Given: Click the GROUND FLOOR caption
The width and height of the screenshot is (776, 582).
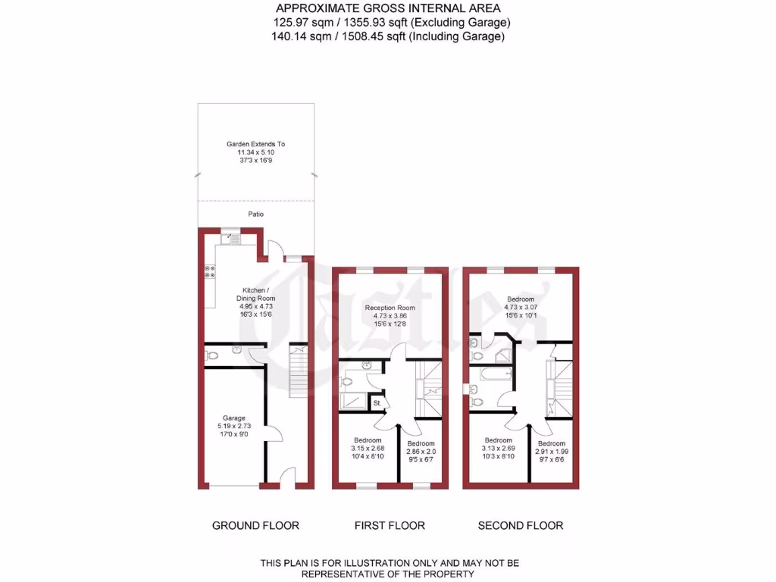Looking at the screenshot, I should (255, 525).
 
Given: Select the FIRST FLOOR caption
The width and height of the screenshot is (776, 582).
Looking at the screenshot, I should (390, 525).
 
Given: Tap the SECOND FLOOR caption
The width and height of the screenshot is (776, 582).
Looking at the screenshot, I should (521, 525).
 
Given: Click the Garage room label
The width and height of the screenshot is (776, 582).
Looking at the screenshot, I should (234, 418).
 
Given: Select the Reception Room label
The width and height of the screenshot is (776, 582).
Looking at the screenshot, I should (390, 308).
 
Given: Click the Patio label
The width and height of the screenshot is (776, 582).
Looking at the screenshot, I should (256, 214).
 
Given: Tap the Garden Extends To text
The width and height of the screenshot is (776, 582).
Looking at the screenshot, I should (256, 144).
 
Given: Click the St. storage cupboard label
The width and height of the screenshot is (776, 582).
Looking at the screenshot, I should (377, 403).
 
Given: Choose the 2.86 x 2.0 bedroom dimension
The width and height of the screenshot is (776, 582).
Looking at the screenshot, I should (421, 452).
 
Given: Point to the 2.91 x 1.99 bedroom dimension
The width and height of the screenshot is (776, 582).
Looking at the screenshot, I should (551, 452).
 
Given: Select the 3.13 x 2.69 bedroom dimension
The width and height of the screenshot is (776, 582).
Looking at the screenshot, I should (499, 449).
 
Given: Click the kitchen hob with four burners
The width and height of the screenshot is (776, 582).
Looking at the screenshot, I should (208, 271).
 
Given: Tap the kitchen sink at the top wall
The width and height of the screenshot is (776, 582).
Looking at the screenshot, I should (230, 239).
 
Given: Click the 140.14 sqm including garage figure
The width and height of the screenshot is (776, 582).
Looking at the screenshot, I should (303, 36).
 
